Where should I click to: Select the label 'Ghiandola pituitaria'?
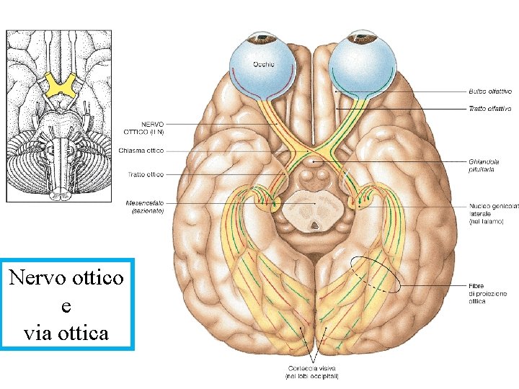pyautogui.click(x=484, y=166)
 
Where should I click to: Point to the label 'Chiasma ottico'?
pyautogui.click(x=141, y=151)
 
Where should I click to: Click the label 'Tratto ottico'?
pyautogui.click(x=145, y=174)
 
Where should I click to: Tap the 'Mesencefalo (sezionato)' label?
pyautogui.click(x=143, y=207)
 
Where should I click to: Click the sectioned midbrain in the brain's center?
pyautogui.click(x=311, y=211)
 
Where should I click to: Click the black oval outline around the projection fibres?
pyautogui.click(x=374, y=274)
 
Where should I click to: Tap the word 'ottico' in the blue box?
pyautogui.click(x=96, y=277)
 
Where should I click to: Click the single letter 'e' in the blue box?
pyautogui.click(x=66, y=305)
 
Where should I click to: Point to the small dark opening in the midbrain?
pyautogui.click(x=315, y=225)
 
